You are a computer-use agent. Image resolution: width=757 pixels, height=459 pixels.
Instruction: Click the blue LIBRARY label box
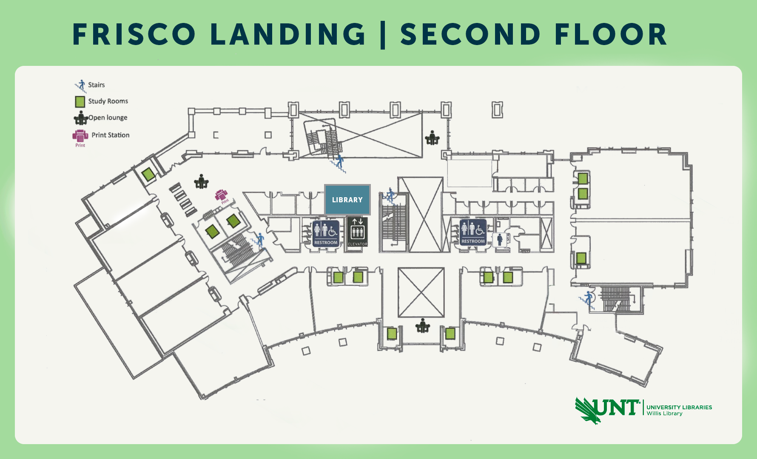(347, 200)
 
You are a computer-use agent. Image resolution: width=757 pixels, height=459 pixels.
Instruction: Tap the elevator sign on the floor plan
(357, 232)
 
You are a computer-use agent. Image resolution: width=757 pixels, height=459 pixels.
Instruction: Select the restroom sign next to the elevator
(326, 233)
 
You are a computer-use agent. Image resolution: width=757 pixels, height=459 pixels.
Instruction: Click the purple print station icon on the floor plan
(222, 196)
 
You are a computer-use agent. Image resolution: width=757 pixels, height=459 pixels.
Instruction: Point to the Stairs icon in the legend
(81, 85)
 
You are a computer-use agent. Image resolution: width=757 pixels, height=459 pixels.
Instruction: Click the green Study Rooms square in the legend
(80, 102)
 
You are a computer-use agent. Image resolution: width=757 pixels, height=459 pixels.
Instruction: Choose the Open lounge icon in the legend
(81, 118)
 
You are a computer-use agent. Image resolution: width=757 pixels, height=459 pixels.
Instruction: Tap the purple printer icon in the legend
(80, 136)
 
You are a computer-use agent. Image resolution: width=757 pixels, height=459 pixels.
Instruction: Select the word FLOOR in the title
(611, 34)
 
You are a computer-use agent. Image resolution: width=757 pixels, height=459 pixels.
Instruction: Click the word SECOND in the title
(470, 34)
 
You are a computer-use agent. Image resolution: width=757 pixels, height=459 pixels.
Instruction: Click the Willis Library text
(664, 414)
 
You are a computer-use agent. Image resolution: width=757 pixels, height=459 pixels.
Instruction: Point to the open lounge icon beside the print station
(201, 181)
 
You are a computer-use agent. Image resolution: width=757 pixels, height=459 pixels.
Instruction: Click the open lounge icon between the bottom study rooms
(422, 326)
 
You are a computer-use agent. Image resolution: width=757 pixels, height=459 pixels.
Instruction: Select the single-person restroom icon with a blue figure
(500, 239)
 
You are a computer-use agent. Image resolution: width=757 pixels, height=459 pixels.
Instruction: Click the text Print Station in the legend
(111, 135)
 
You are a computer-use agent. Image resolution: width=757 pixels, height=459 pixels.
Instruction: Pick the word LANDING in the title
(288, 34)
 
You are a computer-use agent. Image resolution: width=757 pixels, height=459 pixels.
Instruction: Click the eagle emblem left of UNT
(587, 411)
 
